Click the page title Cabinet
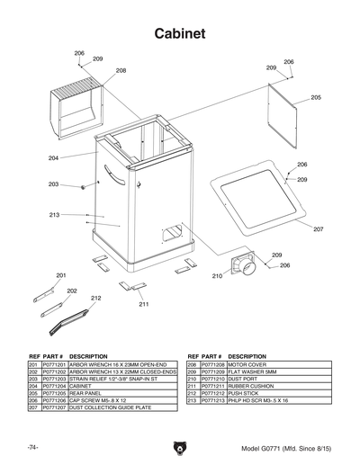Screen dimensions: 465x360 [180, 33]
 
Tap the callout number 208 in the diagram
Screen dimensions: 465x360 [121, 70]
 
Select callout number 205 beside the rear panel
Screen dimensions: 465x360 [316, 97]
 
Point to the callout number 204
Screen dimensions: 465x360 [54, 158]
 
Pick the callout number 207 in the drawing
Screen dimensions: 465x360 [318, 229]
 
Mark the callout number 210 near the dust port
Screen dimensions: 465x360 [217, 276]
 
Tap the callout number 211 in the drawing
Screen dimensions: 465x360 [143, 305]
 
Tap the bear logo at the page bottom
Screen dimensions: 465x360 [180, 447]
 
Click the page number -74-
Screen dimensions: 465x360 [32, 447]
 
